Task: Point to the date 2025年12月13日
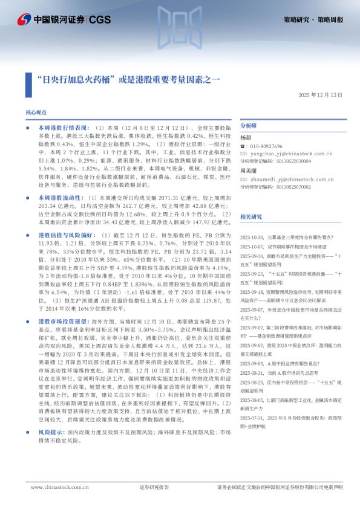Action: pos(321,95)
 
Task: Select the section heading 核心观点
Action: pos(36,113)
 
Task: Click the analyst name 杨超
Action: pos(246,138)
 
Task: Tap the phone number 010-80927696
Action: pos(266,146)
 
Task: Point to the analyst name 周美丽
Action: pos(248,171)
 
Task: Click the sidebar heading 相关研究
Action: pos(251,216)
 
